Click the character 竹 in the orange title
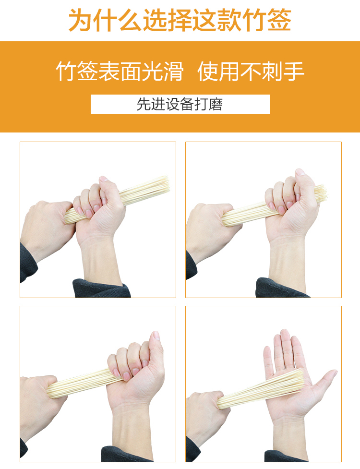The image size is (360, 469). (254, 20)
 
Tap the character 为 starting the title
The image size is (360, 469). (80, 20)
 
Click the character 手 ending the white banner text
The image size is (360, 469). (294, 72)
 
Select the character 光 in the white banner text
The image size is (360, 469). (152, 72)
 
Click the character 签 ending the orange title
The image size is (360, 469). (279, 20)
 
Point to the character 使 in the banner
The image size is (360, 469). (208, 72)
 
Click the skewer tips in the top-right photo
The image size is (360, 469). (321, 193)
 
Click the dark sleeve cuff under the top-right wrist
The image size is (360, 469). (281, 288)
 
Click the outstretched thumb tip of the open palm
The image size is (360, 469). (334, 373)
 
